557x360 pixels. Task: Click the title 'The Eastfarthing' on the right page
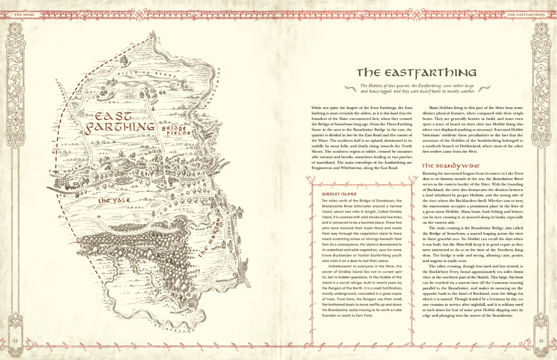point(416,72)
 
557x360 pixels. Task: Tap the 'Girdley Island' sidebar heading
point(339,194)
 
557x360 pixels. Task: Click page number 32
point(15,341)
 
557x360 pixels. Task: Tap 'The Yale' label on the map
point(114,200)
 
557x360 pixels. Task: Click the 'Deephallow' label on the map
point(225,280)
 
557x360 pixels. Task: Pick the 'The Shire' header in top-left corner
point(24,15)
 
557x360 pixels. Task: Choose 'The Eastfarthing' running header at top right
point(526,15)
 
